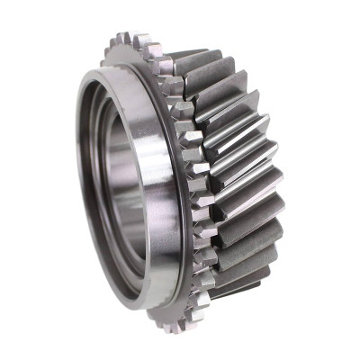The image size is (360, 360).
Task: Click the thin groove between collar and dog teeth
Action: click(x=181, y=180)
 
